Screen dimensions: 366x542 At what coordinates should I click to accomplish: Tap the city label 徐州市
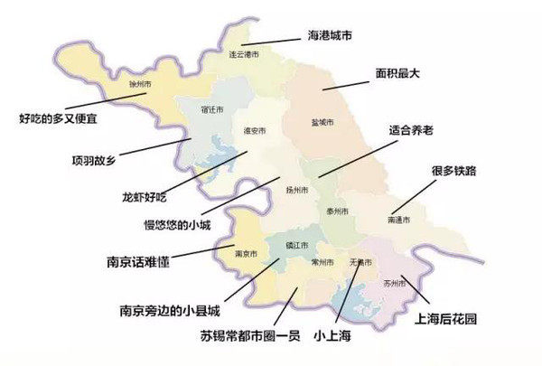(x=139, y=83)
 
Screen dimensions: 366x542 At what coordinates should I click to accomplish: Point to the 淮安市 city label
(x=255, y=131)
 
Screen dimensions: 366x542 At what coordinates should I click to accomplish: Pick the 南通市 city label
(x=398, y=220)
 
